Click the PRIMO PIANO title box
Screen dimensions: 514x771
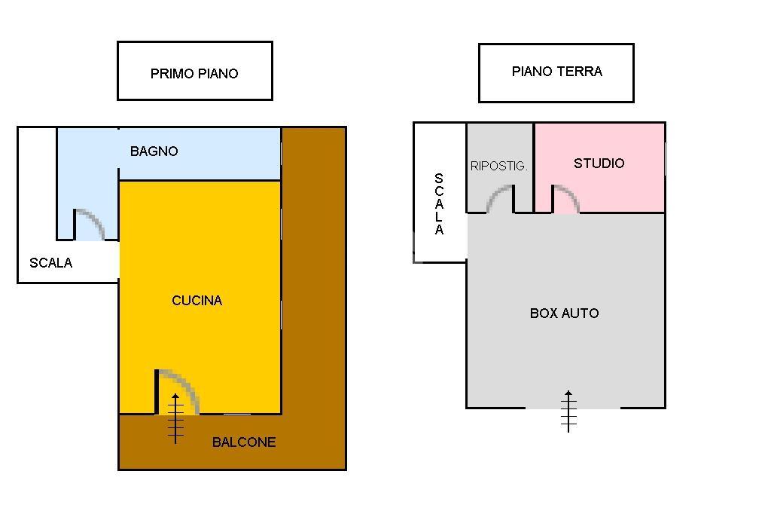(194, 72)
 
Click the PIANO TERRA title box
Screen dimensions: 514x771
(556, 72)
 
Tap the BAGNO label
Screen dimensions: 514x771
(154, 151)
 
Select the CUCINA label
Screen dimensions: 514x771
(197, 301)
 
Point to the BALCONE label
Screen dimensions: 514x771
(244, 442)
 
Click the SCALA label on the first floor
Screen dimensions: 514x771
(51, 263)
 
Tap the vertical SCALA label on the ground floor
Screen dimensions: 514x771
(439, 205)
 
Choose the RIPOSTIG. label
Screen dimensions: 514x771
(498, 167)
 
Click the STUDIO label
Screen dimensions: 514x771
(599, 164)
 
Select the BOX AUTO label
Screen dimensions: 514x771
(565, 314)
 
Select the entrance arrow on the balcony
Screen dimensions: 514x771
(175, 418)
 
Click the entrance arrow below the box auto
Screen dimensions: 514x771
(568, 411)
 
